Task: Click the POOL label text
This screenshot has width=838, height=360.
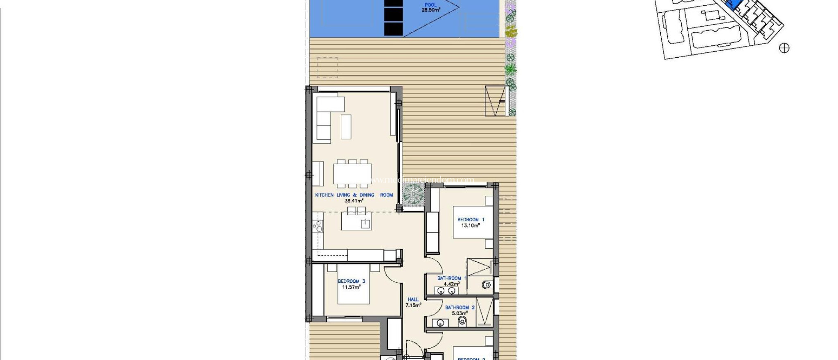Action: [x=430, y=5]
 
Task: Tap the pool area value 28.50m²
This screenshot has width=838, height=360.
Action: [x=431, y=10]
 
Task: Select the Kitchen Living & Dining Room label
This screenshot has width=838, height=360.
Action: [x=354, y=195]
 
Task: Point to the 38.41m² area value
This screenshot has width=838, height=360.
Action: [x=354, y=201]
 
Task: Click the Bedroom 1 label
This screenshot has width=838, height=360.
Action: [x=471, y=220]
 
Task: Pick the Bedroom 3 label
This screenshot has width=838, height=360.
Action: [x=351, y=281]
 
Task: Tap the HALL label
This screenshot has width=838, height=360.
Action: [x=413, y=299]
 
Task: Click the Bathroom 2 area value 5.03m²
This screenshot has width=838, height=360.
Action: [x=460, y=313]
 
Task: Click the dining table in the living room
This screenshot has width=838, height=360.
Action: [x=352, y=173]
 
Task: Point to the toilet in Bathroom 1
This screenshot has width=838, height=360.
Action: [x=487, y=285]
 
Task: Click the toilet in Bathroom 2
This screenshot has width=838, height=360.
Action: [x=462, y=322]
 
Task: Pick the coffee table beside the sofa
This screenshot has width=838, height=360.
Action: [x=346, y=126]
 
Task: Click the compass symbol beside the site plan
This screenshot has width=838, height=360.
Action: [x=784, y=48]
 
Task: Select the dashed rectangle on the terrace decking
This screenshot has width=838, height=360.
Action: [x=327, y=67]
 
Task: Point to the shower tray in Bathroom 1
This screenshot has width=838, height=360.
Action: [x=479, y=267]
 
